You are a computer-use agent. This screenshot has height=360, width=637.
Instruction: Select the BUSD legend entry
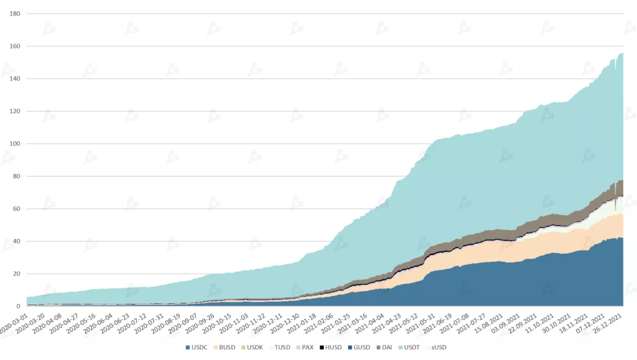click(x=226, y=347)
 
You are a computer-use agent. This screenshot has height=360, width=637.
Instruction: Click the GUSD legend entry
click(x=360, y=347)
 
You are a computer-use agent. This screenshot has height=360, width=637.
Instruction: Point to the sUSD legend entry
click(x=438, y=347)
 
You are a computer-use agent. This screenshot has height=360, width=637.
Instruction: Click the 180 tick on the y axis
click(x=15, y=14)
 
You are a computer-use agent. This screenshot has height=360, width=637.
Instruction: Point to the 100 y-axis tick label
click(x=15, y=144)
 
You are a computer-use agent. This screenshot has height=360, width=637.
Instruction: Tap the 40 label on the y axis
click(x=17, y=241)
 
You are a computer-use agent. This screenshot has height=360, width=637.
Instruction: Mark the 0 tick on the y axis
click(x=19, y=306)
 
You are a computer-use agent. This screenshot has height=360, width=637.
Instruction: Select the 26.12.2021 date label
click(x=611, y=323)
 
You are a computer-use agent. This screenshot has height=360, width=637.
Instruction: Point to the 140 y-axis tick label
click(x=15, y=79)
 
